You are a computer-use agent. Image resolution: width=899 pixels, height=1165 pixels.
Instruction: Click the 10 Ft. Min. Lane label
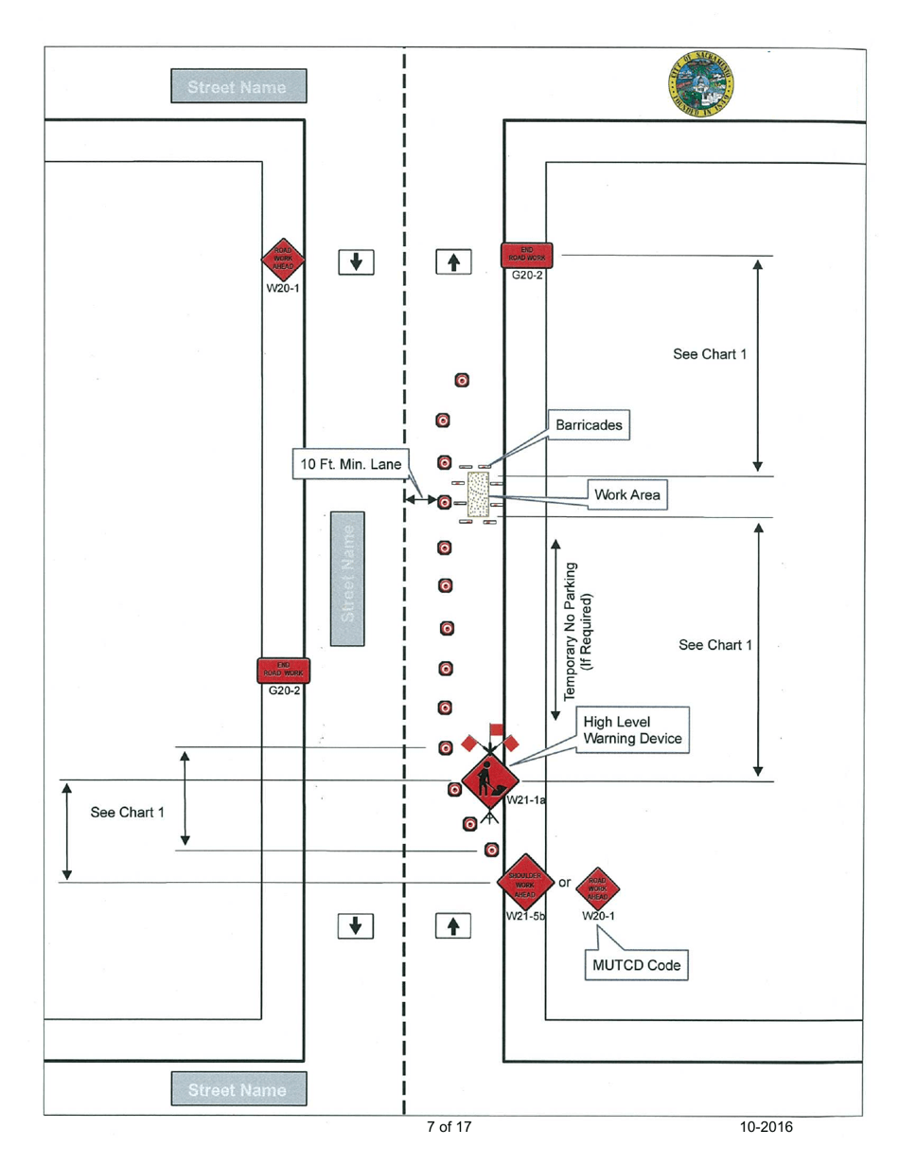click(x=346, y=465)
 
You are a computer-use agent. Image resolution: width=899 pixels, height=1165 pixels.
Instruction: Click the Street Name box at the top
click(x=238, y=87)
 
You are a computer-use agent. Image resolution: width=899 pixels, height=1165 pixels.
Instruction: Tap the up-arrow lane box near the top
click(x=453, y=260)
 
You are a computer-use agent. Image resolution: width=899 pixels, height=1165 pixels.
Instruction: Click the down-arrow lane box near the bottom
click(x=356, y=925)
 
